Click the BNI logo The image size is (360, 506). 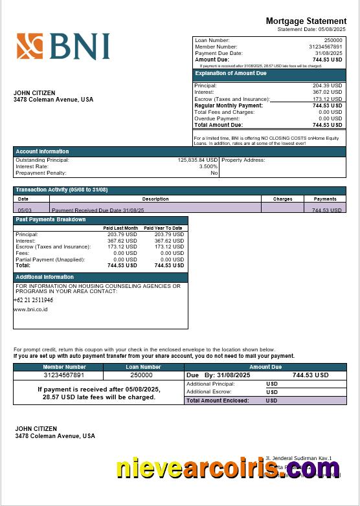pos(63,47)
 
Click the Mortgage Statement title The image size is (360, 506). pos(306,21)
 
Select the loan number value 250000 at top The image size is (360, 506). pos(333,40)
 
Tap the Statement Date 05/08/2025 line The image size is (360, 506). pos(311,30)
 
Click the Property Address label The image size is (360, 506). pos(243,160)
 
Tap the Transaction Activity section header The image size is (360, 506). pos(62,190)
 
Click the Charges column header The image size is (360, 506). pos(282,199)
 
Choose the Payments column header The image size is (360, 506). pos(324,199)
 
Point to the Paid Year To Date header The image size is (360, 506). pos(163,228)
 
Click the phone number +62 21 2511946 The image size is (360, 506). pos(33,300)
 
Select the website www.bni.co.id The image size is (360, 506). pos(30,309)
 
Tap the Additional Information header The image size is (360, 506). pos(45,277)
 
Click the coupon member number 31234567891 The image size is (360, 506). pos(64,375)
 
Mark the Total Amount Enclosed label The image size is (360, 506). pos(218,401)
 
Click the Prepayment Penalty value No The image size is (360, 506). pos(214,173)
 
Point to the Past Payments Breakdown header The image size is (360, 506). pos(51,219)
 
